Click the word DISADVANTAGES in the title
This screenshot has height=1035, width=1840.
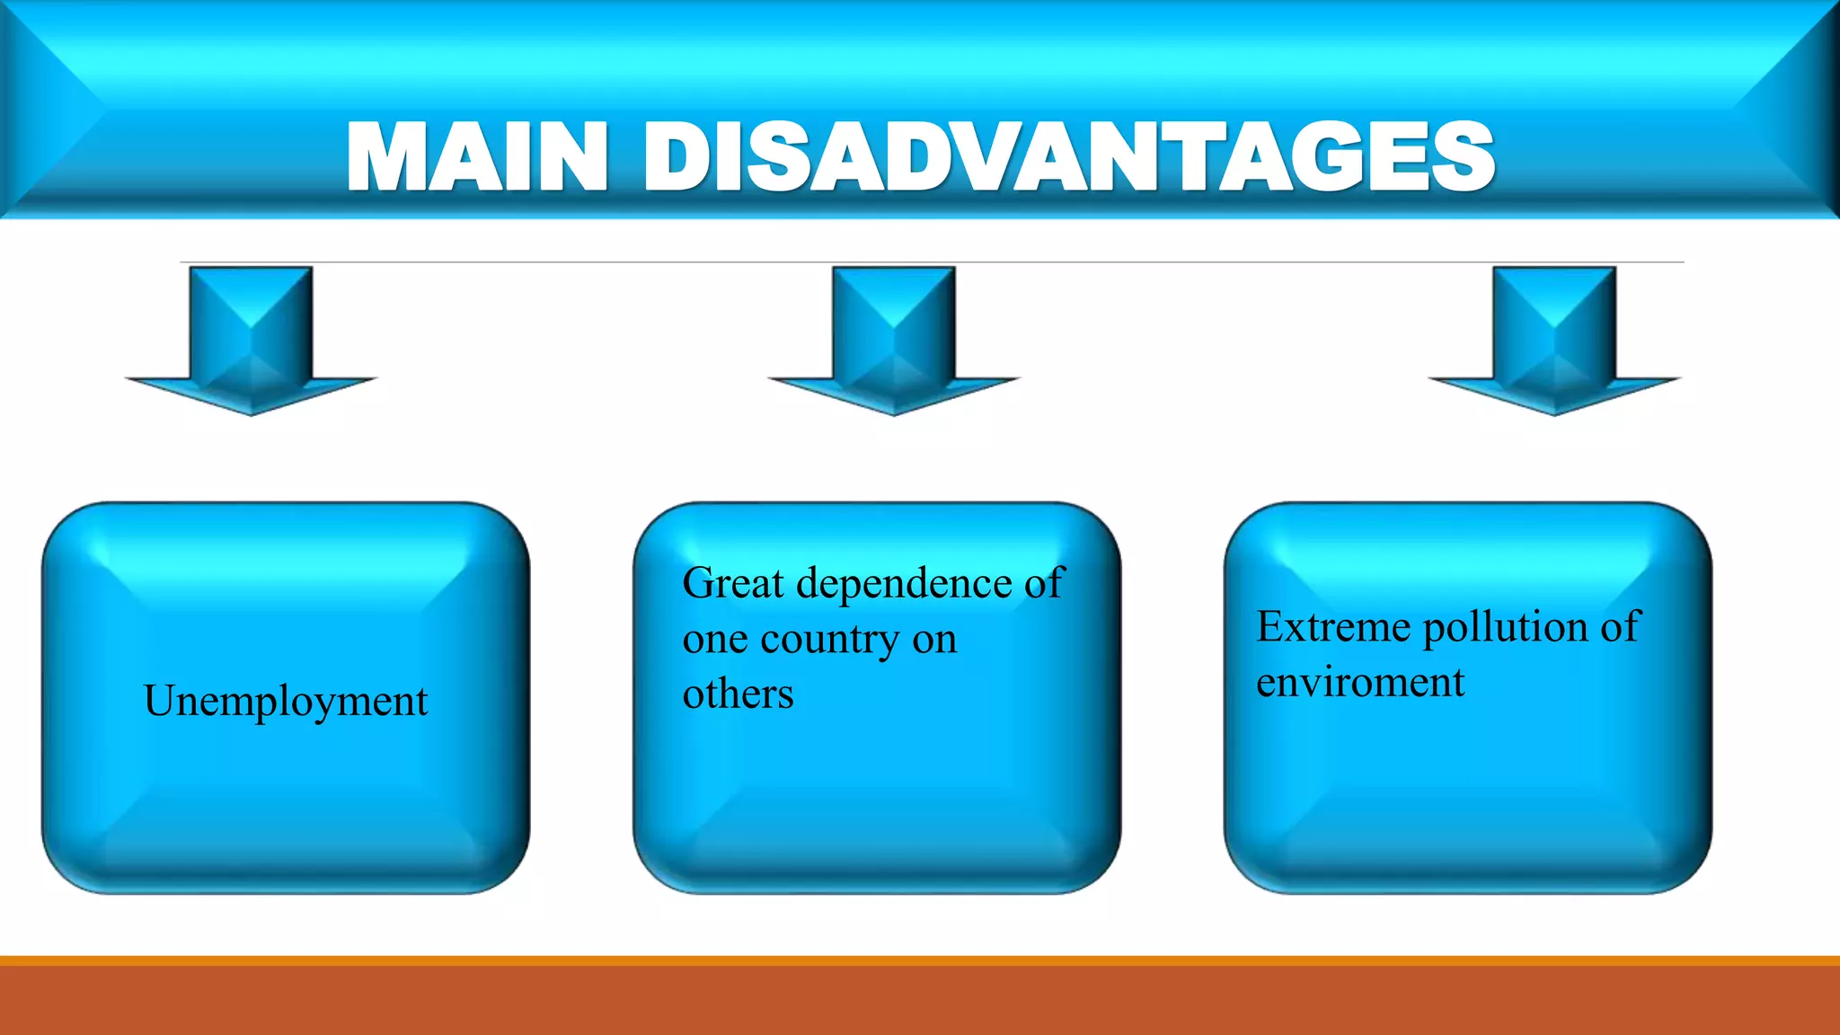[x=1068, y=158]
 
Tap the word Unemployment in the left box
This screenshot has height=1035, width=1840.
[x=286, y=702]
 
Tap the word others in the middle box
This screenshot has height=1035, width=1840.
[x=738, y=694]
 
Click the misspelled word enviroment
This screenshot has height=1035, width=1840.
[x=1359, y=683]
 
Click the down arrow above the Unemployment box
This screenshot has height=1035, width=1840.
[x=252, y=341]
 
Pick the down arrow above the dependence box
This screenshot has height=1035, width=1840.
[x=894, y=341]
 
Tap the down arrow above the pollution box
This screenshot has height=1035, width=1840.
[x=1554, y=341]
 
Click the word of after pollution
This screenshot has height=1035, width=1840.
[x=1620, y=626]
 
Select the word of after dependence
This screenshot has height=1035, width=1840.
[x=1044, y=583]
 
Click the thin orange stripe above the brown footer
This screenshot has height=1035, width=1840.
[x=920, y=960]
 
